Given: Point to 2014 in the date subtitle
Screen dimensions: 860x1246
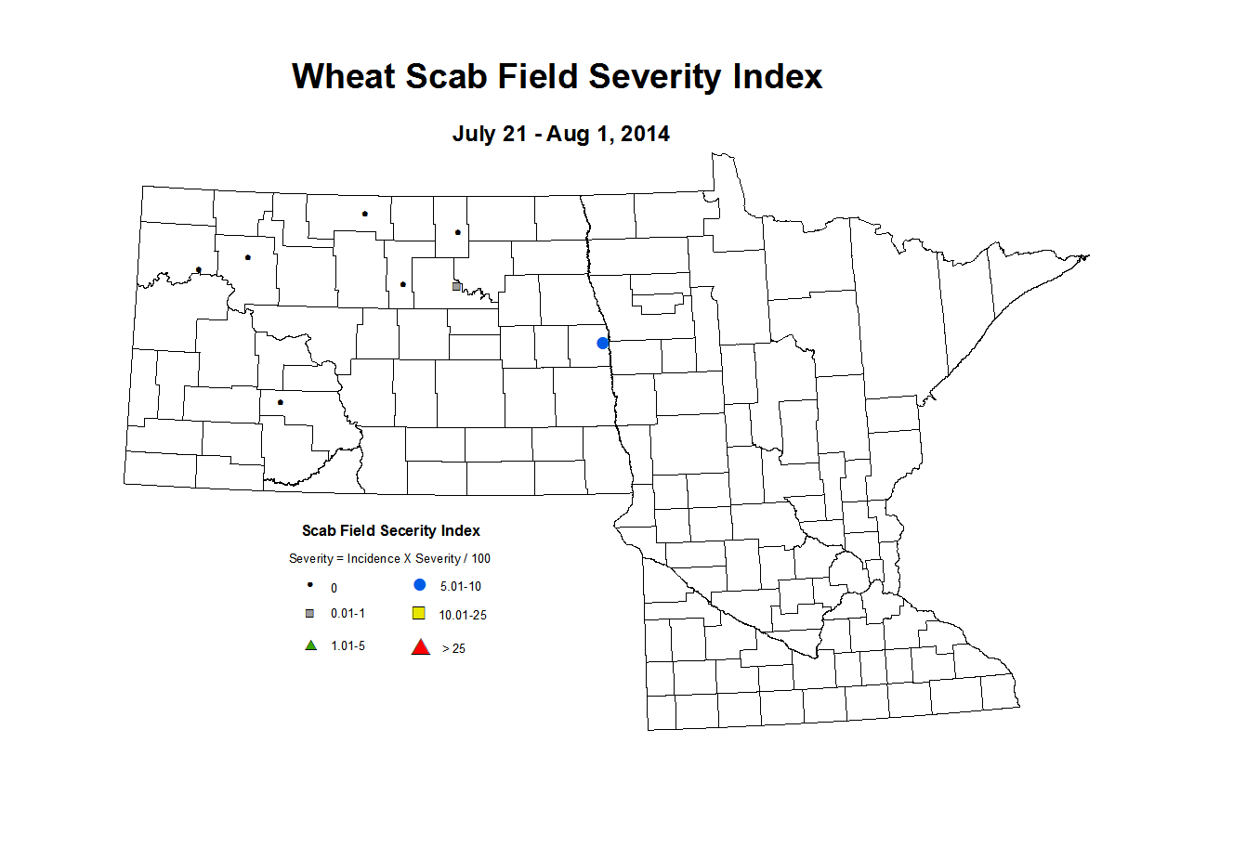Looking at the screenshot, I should (645, 134).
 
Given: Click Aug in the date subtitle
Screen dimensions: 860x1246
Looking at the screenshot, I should (566, 134).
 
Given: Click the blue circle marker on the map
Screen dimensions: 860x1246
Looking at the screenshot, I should (602, 343).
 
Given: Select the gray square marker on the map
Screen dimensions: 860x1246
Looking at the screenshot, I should (456, 286).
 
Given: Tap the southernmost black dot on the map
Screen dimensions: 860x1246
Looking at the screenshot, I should (280, 402).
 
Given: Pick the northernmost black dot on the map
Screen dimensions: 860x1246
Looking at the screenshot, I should (364, 214).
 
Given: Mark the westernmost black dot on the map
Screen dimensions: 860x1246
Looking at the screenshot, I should (199, 270).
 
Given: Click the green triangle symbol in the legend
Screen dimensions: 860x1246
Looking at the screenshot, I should (311, 645).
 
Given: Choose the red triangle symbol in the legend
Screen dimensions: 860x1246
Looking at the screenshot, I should (421, 647).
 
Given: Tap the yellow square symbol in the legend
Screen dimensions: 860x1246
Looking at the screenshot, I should (419, 613).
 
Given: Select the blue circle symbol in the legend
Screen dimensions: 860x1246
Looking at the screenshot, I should (420, 585).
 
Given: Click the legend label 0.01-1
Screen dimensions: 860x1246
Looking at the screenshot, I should (348, 614).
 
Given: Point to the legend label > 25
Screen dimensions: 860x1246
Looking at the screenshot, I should (453, 648).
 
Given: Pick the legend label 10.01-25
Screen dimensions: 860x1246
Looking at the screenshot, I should (463, 615).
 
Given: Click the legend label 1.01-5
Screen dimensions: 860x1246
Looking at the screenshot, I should (348, 646).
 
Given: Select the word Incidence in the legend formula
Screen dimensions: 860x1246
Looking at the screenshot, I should (374, 559).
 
